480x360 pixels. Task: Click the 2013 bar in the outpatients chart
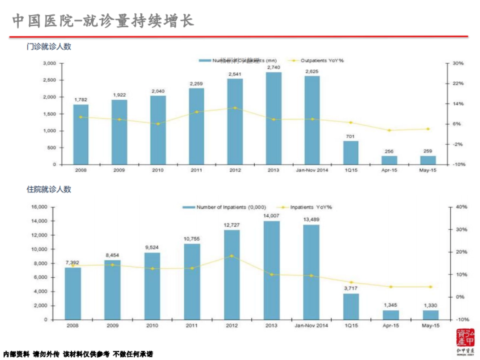tap(274, 118)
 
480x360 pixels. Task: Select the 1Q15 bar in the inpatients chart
tap(351, 306)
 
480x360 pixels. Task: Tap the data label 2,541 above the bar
tap(235, 74)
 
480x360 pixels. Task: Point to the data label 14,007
tap(271, 216)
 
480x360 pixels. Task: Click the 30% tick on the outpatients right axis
tap(458, 63)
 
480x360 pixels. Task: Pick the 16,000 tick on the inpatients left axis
tap(39, 207)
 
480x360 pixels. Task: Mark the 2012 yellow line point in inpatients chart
tap(232, 256)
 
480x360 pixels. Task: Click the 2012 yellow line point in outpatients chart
tap(235, 108)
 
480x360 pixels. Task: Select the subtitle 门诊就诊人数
tap(49, 46)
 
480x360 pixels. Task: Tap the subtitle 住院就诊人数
tap(49, 189)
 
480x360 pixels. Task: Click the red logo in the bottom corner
tap(466, 340)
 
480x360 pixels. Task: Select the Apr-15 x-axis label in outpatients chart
tap(389, 170)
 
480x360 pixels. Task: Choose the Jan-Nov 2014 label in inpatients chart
tap(311, 326)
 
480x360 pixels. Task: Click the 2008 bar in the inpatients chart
tap(73, 293)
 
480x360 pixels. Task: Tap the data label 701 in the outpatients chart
tap(350, 137)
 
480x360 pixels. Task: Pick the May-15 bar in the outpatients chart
tap(428, 160)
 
